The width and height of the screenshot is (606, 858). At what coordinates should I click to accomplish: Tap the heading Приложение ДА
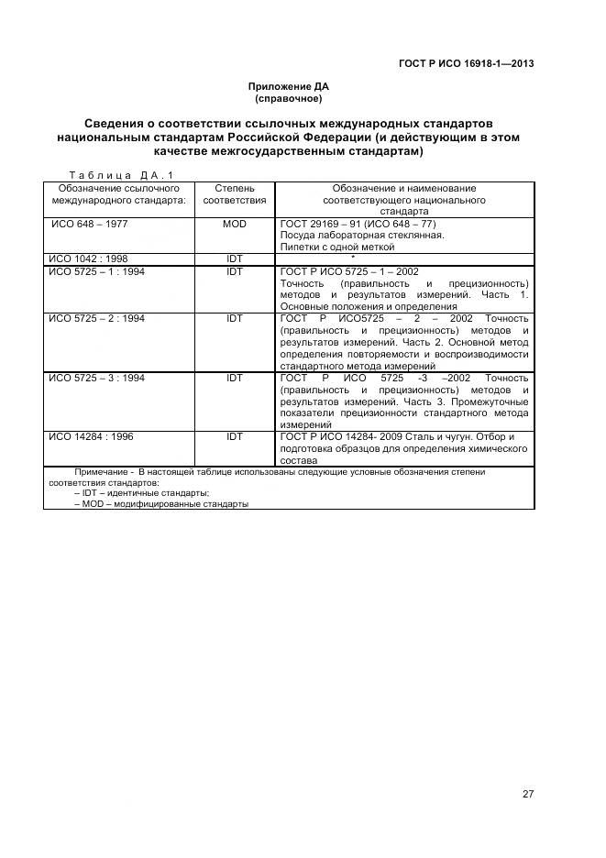tap(288, 86)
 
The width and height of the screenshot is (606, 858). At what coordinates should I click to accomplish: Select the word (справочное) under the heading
tap(288, 98)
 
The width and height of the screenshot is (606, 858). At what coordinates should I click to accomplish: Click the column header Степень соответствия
tap(235, 193)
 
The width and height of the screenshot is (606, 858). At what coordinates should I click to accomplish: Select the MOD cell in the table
tap(235, 224)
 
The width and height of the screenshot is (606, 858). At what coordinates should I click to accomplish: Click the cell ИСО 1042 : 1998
tap(88, 258)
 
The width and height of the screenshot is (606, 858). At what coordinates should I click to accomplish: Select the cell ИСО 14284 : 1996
tap(91, 437)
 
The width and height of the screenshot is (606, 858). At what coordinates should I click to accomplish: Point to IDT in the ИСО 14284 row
tap(235, 437)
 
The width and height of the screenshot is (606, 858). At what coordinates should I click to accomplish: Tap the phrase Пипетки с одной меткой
tap(337, 247)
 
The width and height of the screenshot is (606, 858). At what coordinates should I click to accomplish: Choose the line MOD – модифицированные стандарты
tap(160, 504)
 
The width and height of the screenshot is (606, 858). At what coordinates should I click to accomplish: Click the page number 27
tap(528, 794)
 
